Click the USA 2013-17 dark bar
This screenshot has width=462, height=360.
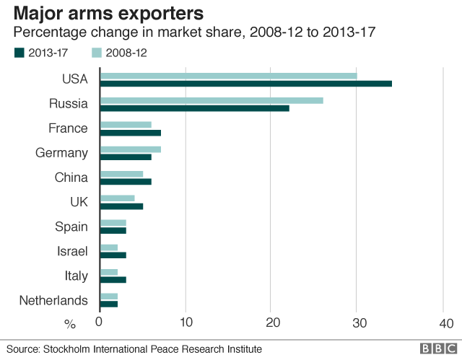[x=245, y=84]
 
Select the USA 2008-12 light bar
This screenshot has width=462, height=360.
[x=228, y=76]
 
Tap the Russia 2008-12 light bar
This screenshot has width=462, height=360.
[x=211, y=100]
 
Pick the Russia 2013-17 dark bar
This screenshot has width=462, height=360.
[x=194, y=108]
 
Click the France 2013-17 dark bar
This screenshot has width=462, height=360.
[x=130, y=133]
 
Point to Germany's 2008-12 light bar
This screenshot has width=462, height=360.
[x=130, y=149]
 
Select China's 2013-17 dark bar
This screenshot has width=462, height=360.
[x=126, y=182]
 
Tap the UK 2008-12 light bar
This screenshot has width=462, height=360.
[x=117, y=198]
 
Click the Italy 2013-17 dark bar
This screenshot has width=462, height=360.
[x=113, y=280]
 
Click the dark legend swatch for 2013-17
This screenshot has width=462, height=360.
[x=19, y=53]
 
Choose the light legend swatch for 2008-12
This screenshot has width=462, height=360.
[x=96, y=53]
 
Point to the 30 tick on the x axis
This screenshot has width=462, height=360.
[x=357, y=322]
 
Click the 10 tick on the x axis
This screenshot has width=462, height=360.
[x=186, y=322]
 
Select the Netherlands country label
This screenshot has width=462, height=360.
[x=54, y=300]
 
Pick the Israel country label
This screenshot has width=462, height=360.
[x=72, y=251]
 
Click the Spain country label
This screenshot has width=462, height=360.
[x=71, y=227]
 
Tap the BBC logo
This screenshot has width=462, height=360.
[x=435, y=348]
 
